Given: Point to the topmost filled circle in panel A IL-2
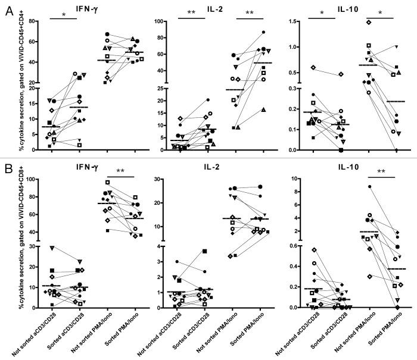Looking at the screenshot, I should [x=263, y=32].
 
